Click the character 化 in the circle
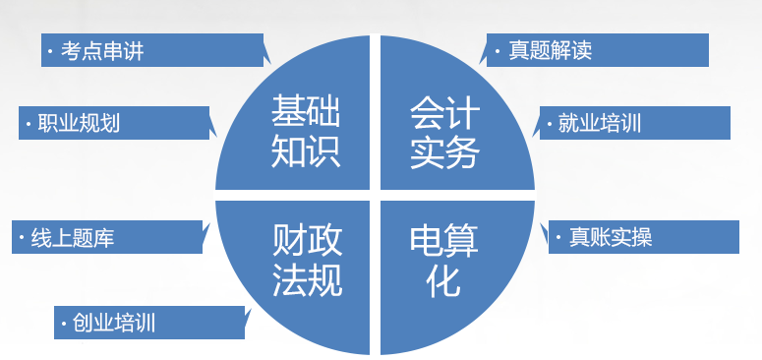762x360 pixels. pos(443,283)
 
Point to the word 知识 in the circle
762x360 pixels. pos(306,152)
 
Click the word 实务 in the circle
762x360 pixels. pos(444,152)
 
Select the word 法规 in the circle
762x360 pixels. pos(307,283)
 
